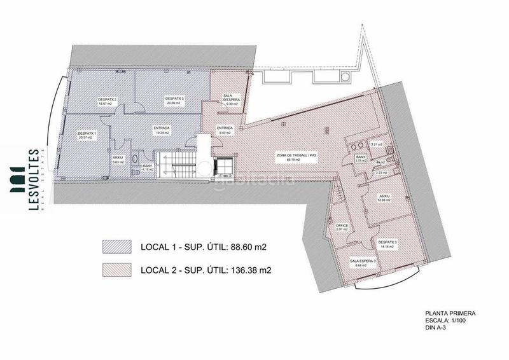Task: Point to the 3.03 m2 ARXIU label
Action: pyautogui.click(x=117, y=160)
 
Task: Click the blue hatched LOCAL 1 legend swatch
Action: pyautogui.click(x=116, y=246)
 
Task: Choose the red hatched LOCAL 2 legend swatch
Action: pyautogui.click(x=116, y=270)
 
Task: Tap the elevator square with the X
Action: pyautogui.click(x=225, y=166)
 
